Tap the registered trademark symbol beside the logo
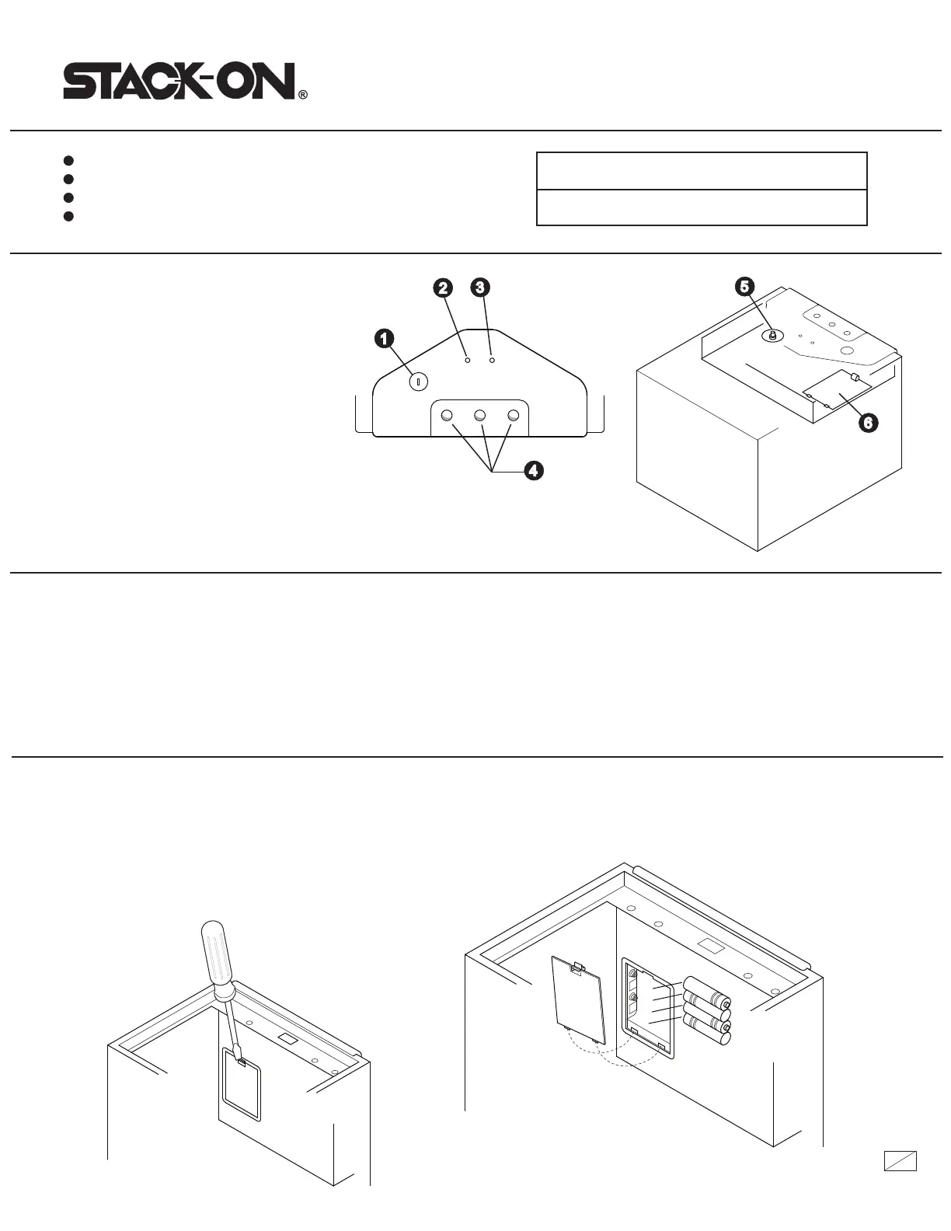tap(303, 96)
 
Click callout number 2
tap(442, 288)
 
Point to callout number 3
tap(480, 288)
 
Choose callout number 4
tap(532, 470)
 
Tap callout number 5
tap(744, 287)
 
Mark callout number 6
tap(868, 423)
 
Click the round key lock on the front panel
tap(418, 382)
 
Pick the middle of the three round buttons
tap(480, 416)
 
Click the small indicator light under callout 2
tap(467, 361)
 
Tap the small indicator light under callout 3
tap(492, 361)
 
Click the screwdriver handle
tap(217, 952)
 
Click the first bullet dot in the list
tap(68, 161)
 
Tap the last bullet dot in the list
tap(68, 217)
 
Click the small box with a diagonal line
tap(900, 1160)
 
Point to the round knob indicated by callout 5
tap(772, 336)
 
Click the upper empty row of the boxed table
tap(702, 171)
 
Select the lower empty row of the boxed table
tap(702, 207)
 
